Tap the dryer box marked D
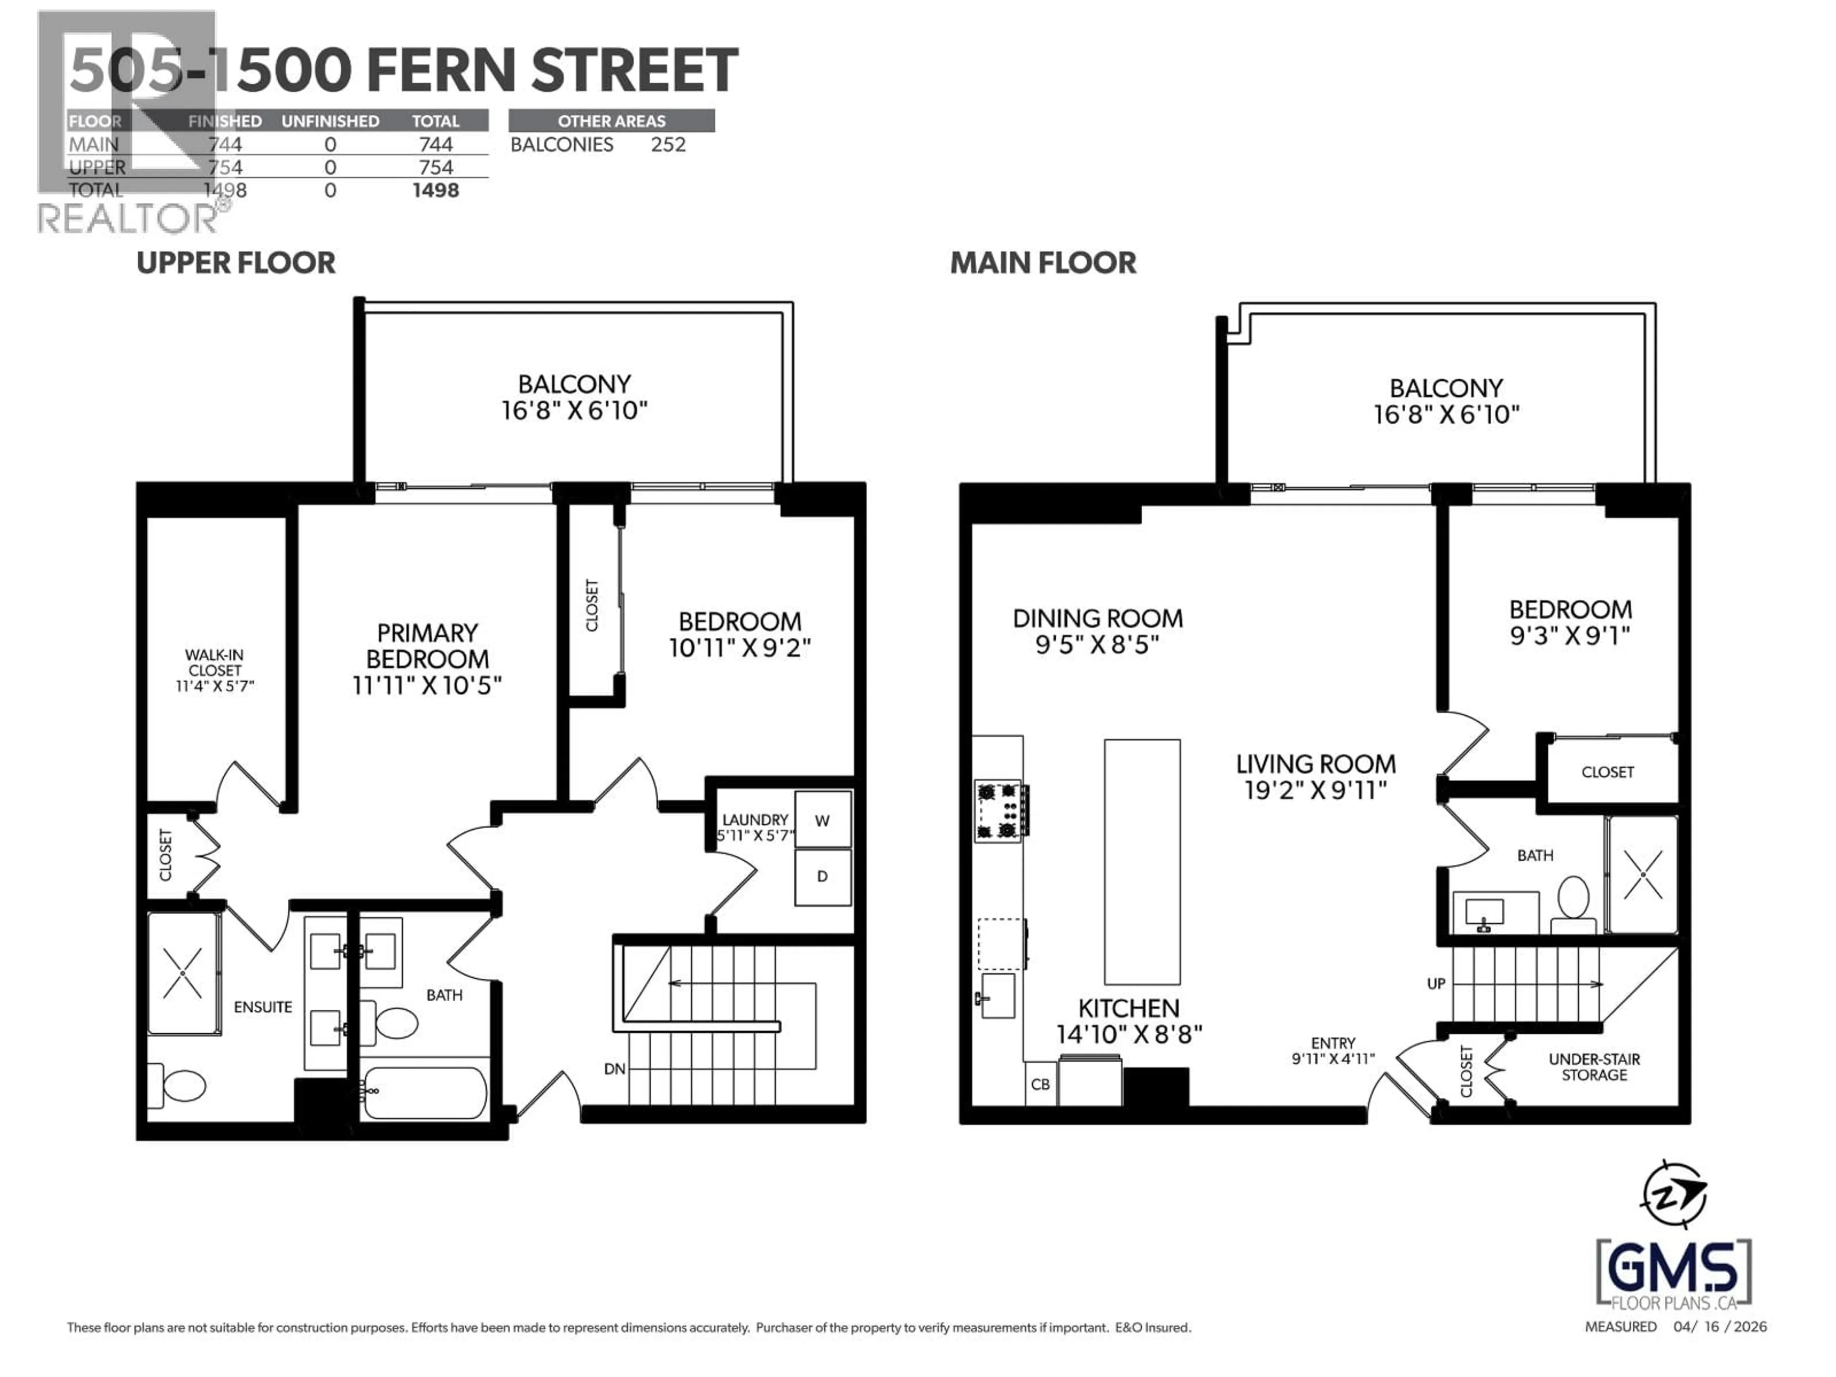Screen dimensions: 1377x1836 (822, 876)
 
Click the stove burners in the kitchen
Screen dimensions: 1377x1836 (998, 809)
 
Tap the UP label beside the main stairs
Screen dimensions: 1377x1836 (1436, 984)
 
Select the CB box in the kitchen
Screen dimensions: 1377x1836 (1040, 1084)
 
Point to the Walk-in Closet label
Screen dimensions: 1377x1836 (214, 662)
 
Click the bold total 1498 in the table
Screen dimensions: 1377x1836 (436, 190)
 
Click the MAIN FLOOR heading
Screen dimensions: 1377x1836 (1042, 263)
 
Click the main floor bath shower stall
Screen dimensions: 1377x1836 (1642, 874)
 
